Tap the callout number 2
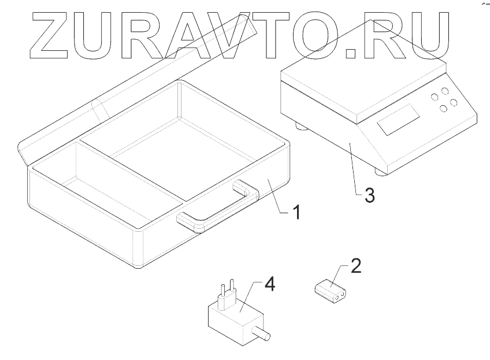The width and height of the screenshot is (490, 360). tap(357, 266)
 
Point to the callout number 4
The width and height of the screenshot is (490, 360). tap(270, 285)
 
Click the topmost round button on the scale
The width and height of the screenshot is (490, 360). tap(444, 91)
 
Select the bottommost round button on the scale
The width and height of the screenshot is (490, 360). tap(444, 109)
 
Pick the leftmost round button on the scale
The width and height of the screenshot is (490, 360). tap(435, 98)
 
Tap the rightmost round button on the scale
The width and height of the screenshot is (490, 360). tap(454, 102)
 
